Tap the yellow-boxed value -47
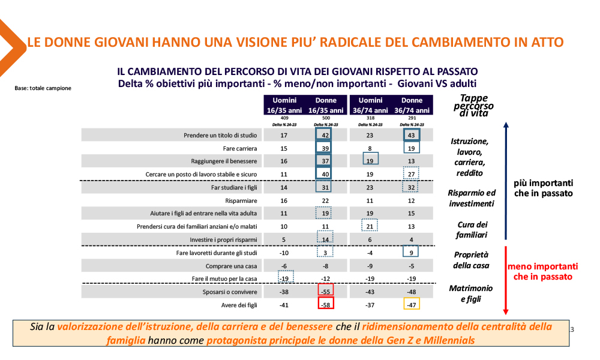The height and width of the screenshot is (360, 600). (412, 304)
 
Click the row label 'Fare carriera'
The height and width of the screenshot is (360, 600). (240, 148)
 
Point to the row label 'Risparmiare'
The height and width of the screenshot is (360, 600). (242, 200)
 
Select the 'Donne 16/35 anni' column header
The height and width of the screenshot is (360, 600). (326, 105)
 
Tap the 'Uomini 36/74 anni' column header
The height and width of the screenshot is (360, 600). (370, 105)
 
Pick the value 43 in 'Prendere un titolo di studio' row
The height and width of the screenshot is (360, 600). (412, 136)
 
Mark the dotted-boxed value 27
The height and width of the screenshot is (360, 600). (412, 175)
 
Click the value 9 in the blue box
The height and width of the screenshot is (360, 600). (412, 253)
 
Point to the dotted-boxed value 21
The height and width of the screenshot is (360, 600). (370, 226)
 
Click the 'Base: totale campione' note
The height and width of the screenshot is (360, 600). (43, 88)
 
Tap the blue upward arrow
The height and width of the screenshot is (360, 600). (506, 180)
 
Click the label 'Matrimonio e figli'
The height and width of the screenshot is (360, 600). (471, 294)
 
